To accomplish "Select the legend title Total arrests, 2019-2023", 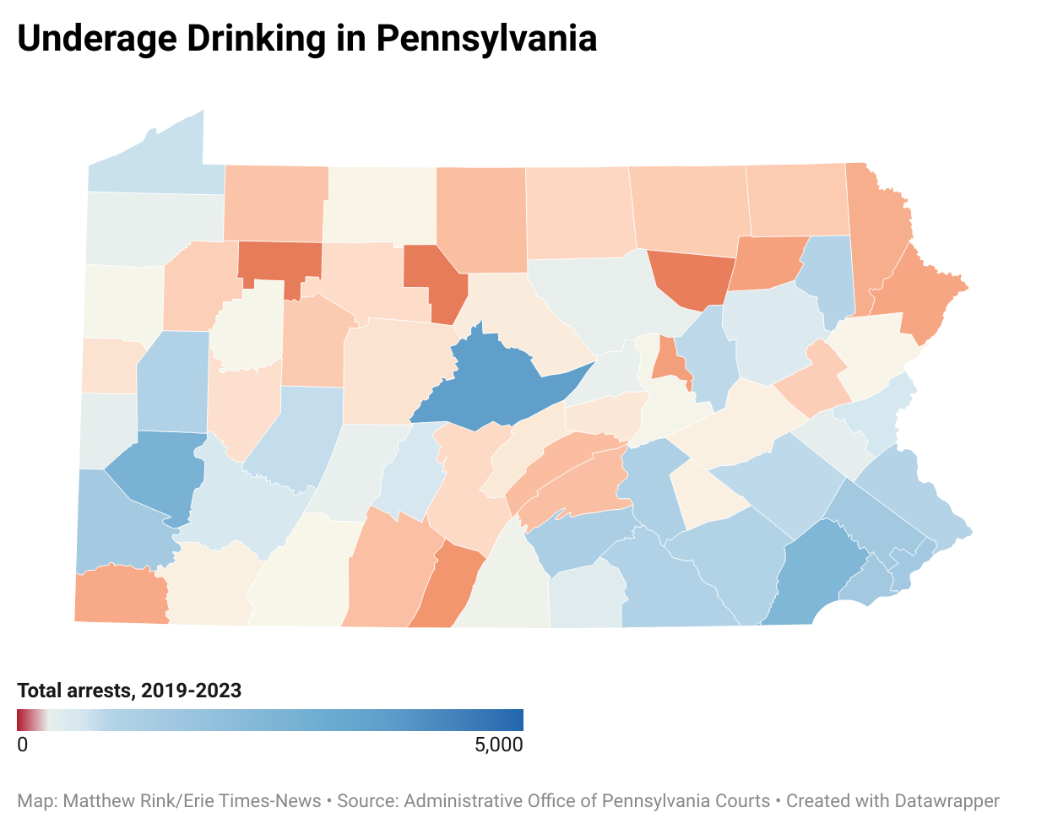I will pyautogui.click(x=129, y=691).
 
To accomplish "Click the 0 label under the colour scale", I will pyautogui.click(x=23, y=745).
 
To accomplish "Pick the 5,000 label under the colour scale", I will pyautogui.click(x=498, y=745).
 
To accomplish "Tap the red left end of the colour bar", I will pyautogui.click(x=22, y=719).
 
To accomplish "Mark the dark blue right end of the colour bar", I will pyautogui.click(x=517, y=719).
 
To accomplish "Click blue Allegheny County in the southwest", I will pyautogui.click(x=156, y=473).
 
